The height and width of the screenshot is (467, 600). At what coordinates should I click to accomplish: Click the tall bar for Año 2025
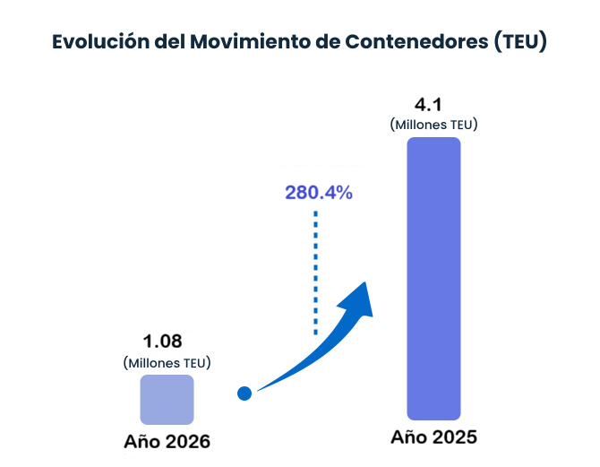(433, 278)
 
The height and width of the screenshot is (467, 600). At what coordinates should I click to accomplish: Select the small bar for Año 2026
(167, 399)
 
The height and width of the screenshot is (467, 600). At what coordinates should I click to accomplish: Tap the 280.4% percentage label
(319, 193)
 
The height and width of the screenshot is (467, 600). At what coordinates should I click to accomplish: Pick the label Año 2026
(167, 442)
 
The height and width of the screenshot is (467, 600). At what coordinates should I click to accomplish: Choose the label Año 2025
(434, 438)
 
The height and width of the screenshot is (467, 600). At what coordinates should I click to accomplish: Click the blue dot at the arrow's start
(244, 393)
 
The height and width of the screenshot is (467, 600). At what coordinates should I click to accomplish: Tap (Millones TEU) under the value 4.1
(433, 125)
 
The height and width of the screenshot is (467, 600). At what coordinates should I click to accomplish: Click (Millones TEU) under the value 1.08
(167, 362)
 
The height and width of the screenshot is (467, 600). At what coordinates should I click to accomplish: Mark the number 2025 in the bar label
(452, 438)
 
